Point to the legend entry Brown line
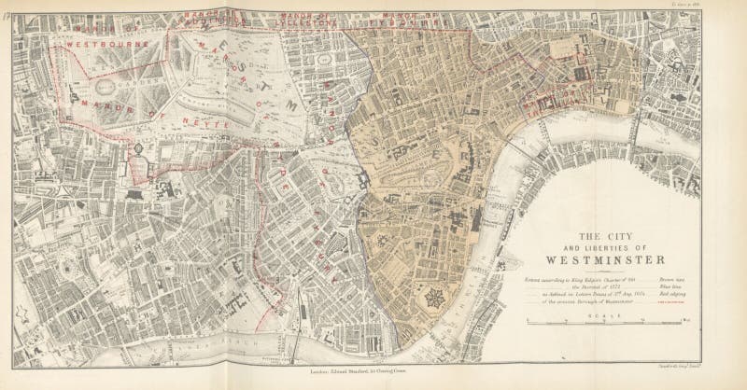click(x=679, y=280)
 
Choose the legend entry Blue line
click(x=679, y=289)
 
